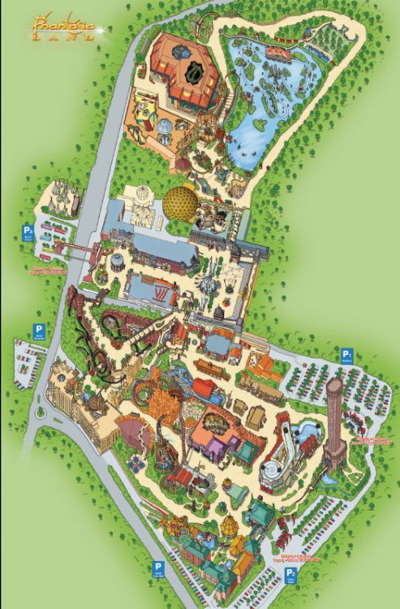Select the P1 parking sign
[346, 355]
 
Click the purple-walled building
[213, 447]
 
